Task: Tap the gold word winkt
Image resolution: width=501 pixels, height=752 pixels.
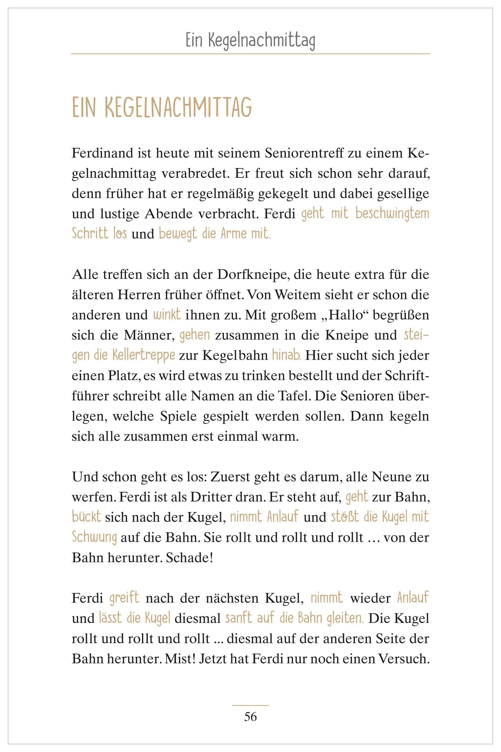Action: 167,315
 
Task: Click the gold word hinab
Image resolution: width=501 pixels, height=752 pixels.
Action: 286,356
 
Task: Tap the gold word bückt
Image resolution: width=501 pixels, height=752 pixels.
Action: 86,517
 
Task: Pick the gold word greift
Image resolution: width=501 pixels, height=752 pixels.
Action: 125,598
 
